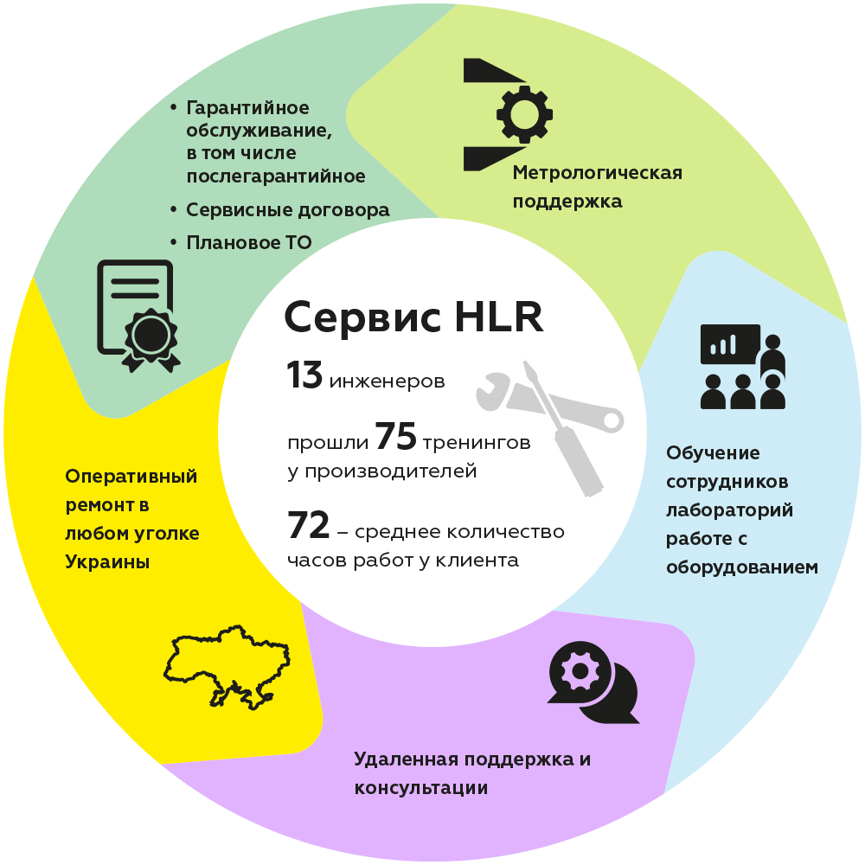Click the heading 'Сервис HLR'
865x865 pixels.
point(413,317)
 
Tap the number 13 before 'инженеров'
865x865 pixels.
point(304,375)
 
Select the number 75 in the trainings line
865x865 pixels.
point(395,436)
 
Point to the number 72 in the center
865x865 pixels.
point(309,525)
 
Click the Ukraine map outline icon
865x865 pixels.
point(227,667)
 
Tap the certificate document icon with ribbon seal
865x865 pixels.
point(138,316)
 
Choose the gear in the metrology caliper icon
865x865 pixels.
point(524,114)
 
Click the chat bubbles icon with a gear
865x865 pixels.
point(593,682)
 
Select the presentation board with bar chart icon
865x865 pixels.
point(730,344)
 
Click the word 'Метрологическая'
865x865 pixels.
point(598,173)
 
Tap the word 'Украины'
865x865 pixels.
point(107,562)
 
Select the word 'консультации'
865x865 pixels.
point(421,788)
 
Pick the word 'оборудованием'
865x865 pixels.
point(742,567)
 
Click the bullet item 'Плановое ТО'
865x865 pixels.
point(249,242)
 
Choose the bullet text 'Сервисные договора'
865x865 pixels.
point(288,209)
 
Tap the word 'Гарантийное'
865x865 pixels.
point(247,107)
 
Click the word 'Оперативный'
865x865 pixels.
point(131,477)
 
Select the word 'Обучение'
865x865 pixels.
point(713,453)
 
